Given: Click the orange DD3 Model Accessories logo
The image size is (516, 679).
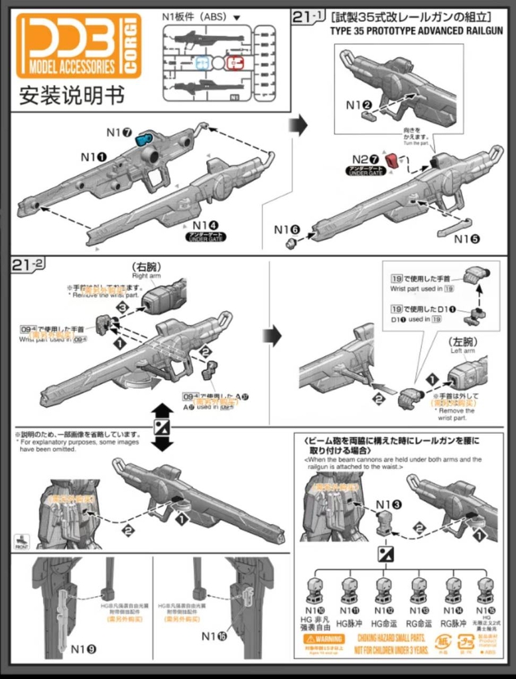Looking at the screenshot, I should coord(78,46).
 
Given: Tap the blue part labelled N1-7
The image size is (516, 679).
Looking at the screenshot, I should coord(144,139).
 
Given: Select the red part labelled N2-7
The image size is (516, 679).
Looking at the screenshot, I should coord(393,159).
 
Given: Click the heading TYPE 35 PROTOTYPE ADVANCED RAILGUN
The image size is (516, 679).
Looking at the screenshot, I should coord(416,31).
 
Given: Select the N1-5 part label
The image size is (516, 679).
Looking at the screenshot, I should coord(467,239).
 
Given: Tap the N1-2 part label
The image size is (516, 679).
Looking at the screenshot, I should coord(358,105).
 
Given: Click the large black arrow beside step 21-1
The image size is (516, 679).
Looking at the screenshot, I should coord(300,125).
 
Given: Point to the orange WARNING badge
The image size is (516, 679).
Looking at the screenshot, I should coord(323,639).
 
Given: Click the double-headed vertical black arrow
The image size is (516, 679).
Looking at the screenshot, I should coord(162,426).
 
